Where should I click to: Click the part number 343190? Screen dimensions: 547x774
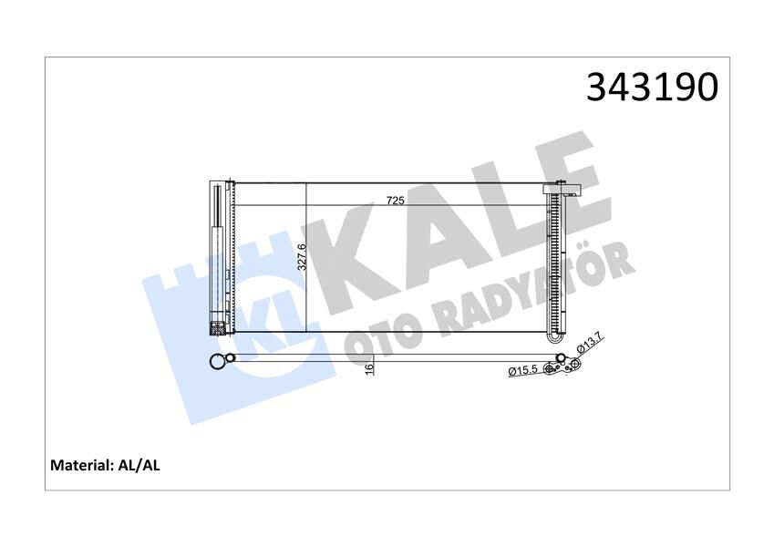pyautogui.click(x=652, y=88)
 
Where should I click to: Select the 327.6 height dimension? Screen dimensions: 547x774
pyautogui.click(x=302, y=258)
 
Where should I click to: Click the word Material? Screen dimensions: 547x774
pyautogui.click(x=80, y=465)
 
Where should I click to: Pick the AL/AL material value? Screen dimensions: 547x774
pyautogui.click(x=139, y=465)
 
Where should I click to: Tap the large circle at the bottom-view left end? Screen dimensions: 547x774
pyautogui.click(x=216, y=362)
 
